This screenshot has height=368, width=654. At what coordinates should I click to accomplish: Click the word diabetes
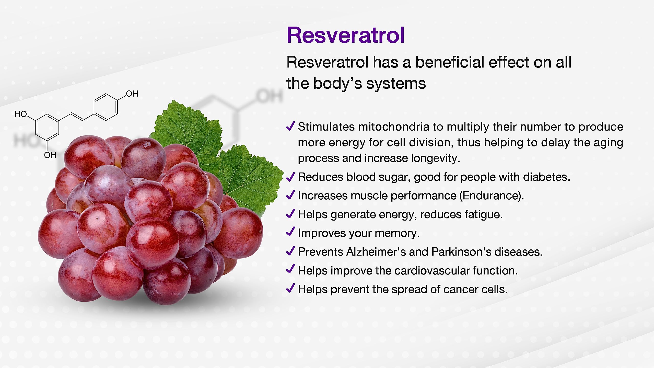(x=546, y=177)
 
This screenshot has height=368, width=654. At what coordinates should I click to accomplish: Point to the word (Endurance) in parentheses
(x=492, y=195)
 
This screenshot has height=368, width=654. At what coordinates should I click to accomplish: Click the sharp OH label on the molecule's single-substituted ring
(x=132, y=94)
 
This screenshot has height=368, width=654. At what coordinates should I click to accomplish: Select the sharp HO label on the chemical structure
(x=21, y=114)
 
